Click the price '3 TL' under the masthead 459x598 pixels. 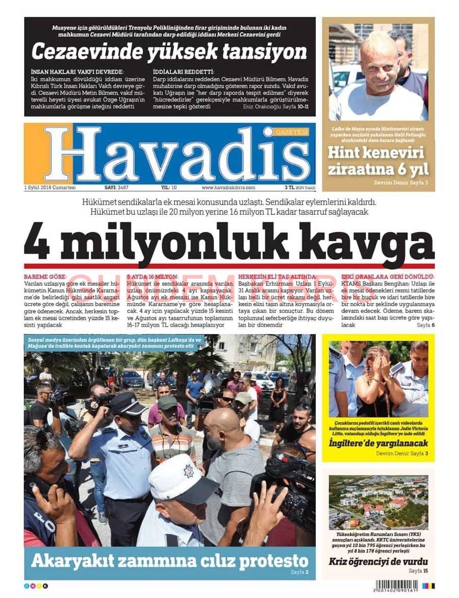290,188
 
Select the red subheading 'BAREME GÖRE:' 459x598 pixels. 45,276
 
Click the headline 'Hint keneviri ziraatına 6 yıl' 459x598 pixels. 378,161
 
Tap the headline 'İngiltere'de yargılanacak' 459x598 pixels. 378,443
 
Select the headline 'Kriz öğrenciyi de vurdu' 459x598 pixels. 378,562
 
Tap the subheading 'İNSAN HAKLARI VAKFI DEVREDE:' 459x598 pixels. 78,72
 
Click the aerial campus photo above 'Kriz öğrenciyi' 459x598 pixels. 378,502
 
